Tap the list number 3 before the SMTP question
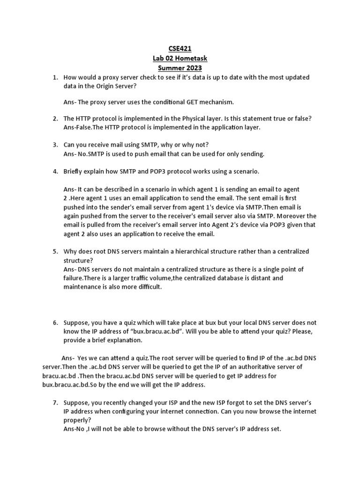coord(54,144)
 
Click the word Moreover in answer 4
coord(289,216)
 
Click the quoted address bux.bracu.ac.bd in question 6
coord(161,331)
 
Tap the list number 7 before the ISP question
coord(54,402)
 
